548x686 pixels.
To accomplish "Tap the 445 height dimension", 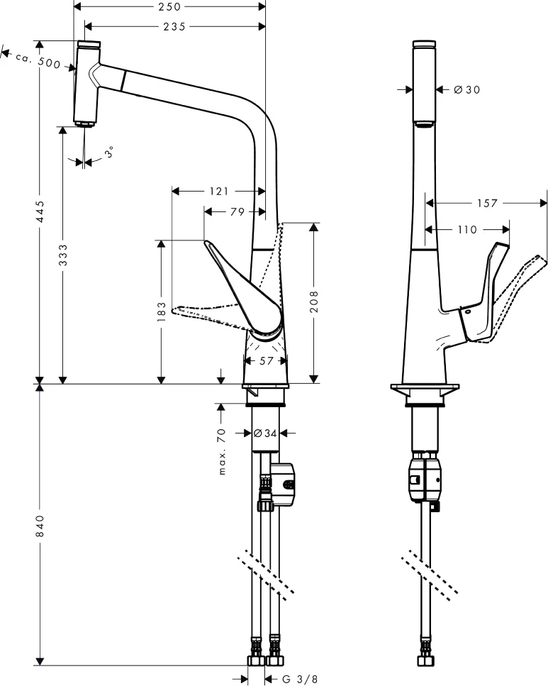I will [x=41, y=212].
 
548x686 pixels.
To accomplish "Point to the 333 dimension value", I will [x=63, y=254].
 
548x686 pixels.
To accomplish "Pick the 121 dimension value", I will [x=218, y=191].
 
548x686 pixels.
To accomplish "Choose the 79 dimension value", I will [x=237, y=211].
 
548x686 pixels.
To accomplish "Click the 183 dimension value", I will [x=162, y=311].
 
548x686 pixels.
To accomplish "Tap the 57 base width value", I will [x=266, y=361].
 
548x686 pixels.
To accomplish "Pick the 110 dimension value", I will [x=466, y=230].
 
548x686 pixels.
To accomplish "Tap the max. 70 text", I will [x=222, y=451].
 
